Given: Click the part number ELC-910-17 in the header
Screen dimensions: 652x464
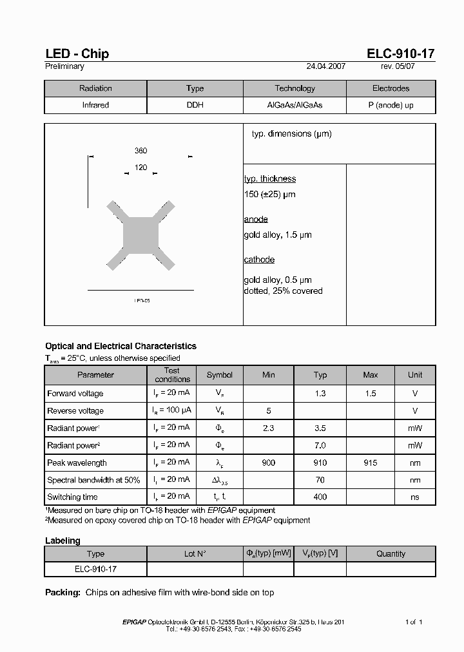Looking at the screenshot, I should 401,53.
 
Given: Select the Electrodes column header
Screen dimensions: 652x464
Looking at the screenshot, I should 391,88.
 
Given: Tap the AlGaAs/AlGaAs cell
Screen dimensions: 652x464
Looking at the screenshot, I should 295,105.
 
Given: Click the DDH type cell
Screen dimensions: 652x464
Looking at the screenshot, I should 195,105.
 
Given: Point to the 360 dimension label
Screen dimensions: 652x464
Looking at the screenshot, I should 140,151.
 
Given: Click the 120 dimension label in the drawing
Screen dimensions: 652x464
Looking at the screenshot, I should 140,168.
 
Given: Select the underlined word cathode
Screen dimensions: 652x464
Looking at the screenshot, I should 259,260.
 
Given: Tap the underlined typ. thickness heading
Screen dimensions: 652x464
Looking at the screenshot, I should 270,179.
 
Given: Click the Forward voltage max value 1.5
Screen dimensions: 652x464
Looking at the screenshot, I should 371,394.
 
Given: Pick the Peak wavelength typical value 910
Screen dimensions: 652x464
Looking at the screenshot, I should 320,463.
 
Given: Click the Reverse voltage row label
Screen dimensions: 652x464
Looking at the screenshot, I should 75,411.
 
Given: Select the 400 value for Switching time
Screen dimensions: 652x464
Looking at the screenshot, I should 320,497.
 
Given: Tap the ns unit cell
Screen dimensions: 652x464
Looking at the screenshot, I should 415,497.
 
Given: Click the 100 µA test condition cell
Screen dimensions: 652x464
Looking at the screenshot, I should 172,411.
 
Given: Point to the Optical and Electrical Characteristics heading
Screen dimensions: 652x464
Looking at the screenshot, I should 121,347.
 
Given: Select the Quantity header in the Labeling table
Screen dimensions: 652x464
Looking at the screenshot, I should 391,554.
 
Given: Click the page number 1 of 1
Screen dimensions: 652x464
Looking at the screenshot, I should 414,622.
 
